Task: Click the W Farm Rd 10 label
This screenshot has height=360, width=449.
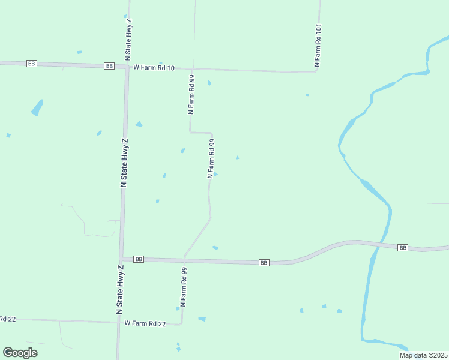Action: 154,68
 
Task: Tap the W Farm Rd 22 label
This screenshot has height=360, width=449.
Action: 145,323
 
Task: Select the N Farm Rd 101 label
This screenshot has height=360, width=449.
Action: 318,46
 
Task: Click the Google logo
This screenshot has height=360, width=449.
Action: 20,353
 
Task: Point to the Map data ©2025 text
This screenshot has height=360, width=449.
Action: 423,355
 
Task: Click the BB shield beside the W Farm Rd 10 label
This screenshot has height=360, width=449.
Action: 109,66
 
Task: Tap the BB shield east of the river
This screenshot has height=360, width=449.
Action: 403,247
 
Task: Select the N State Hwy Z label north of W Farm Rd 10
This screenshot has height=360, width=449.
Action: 128,40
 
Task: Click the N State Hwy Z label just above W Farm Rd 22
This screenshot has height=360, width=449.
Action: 121,290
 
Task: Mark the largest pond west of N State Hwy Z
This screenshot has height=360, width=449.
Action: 37,108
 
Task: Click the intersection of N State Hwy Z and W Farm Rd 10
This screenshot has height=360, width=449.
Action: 127,67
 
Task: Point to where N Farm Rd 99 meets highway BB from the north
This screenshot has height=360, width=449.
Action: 184,259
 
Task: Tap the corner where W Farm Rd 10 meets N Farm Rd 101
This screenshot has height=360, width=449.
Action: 316,72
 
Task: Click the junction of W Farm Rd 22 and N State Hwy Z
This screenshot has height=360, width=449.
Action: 119,322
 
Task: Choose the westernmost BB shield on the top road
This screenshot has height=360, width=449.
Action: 32,64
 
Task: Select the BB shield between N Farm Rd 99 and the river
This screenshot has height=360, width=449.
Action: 264,263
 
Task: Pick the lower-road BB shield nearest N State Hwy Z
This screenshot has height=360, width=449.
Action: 139,259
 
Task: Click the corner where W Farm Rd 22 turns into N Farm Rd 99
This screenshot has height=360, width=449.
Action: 182,324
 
